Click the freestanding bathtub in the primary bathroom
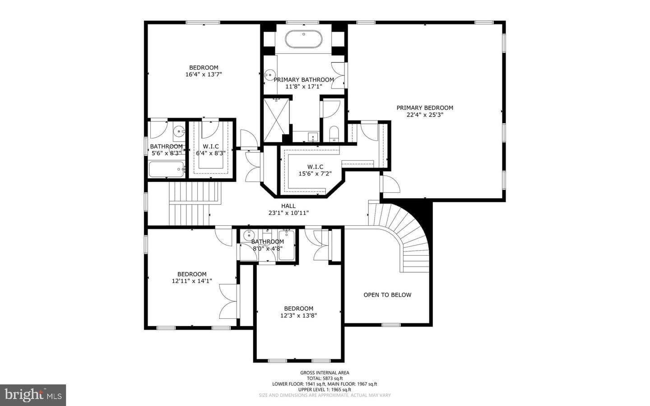[303, 39]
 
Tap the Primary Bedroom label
[425, 108]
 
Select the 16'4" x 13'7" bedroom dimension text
[204, 75]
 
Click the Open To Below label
[387, 295]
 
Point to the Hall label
[288, 206]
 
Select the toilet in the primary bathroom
[334, 134]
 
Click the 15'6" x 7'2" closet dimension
[315, 174]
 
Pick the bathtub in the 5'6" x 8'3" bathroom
[166, 169]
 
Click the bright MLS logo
[33, 395]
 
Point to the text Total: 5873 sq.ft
[325, 378]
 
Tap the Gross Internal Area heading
[325, 373]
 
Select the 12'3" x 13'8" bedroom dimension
[299, 315]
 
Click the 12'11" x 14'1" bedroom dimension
[192, 281]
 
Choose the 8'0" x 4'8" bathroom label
[268, 245]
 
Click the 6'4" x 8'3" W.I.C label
[211, 150]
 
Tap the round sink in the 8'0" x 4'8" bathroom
[249, 235]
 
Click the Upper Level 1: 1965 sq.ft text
[325, 390]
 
